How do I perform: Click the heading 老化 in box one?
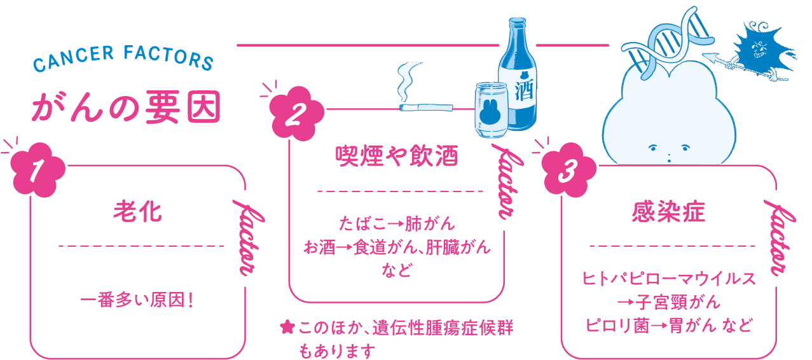pyautogui.click(x=137, y=212)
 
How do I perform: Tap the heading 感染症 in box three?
pyautogui.click(x=668, y=212)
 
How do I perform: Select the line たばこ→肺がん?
pyautogui.click(x=397, y=224)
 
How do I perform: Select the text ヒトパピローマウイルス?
pyautogui.click(x=669, y=279)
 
